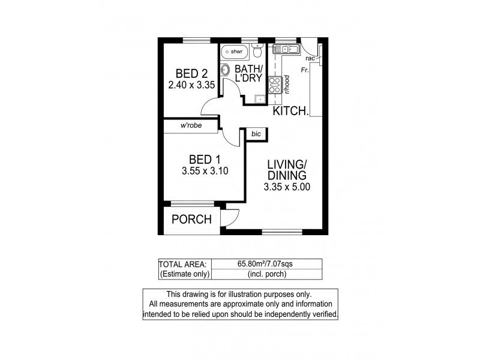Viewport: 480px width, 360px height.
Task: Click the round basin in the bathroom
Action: (226, 70)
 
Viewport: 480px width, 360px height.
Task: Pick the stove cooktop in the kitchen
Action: (276, 85)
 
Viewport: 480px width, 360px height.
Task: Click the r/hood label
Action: (289, 85)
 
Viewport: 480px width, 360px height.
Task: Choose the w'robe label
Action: (191, 126)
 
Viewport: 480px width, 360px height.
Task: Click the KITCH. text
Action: (291, 111)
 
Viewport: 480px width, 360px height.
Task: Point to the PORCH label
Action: (191, 220)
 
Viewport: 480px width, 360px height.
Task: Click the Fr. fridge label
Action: (305, 70)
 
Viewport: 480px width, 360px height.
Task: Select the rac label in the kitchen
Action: (311, 59)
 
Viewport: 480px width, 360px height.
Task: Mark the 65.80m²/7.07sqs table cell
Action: (266, 264)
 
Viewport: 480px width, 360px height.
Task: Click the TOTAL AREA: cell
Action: (183, 264)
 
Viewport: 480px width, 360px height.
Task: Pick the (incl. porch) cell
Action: (266, 274)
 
